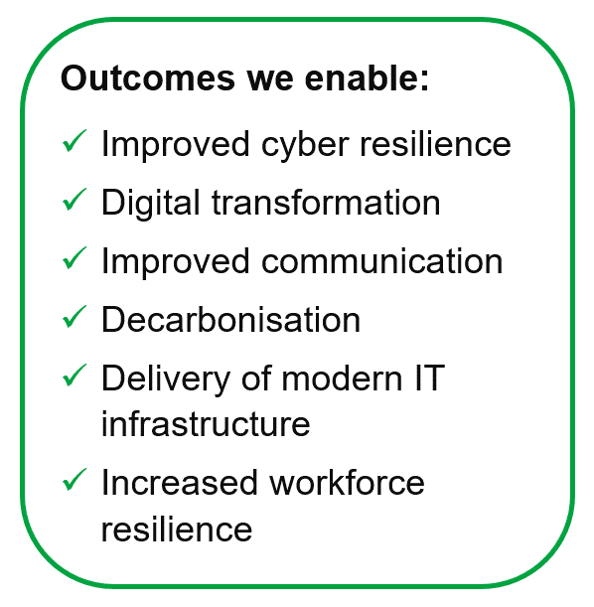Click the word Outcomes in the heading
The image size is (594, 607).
point(148,78)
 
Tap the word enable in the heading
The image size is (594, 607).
point(367,77)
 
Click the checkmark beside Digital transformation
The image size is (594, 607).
point(74,200)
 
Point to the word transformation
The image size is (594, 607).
point(326,202)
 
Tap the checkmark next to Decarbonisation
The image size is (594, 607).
point(74,317)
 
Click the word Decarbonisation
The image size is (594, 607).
point(231,319)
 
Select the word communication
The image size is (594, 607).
point(382,261)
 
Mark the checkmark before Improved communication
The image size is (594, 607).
point(74,258)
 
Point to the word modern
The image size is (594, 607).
point(342,378)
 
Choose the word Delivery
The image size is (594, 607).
point(166,381)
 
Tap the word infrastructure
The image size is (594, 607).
point(206,424)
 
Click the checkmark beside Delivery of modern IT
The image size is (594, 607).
point(74,376)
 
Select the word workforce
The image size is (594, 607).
point(347,483)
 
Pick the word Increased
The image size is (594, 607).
point(180,483)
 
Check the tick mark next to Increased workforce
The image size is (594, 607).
point(74,480)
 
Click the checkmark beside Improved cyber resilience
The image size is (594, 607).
point(74,141)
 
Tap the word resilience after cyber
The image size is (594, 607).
point(436,144)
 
